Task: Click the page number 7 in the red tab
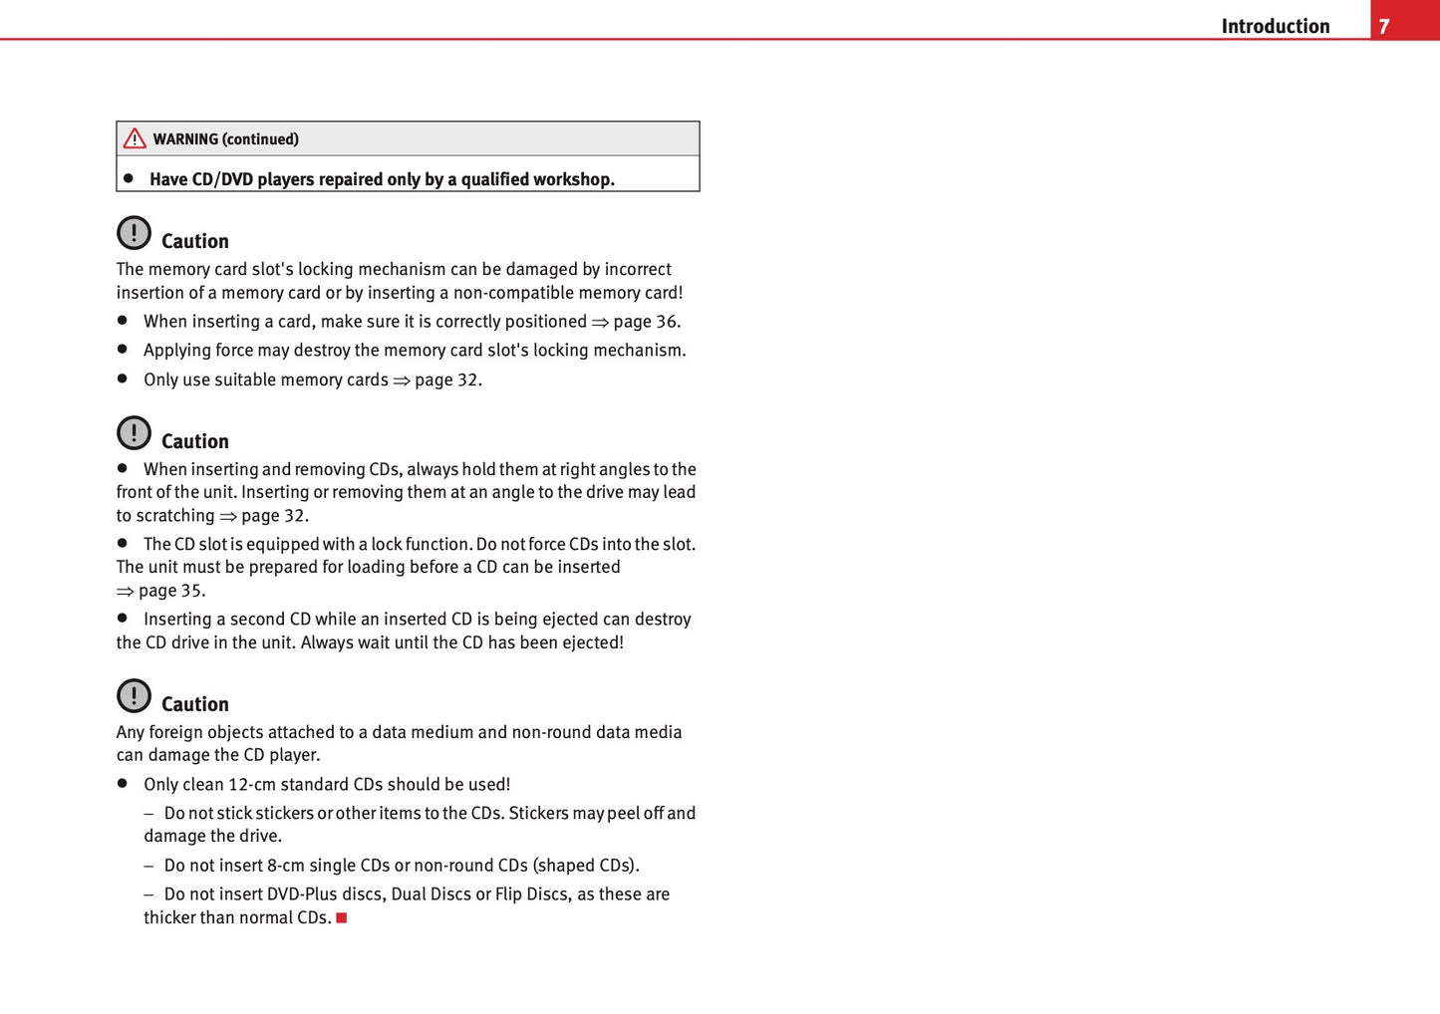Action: point(1383,26)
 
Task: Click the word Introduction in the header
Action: point(1275,26)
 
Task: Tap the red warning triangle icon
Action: point(135,138)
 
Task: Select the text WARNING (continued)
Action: point(225,139)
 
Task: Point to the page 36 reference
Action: point(646,322)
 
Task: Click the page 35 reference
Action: point(170,591)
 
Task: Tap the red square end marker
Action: point(341,917)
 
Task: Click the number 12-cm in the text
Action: point(252,785)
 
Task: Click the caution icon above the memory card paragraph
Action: point(134,233)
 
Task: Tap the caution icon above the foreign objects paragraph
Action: point(134,695)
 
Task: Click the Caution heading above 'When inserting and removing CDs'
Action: point(194,441)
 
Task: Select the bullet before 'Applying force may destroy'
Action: point(123,350)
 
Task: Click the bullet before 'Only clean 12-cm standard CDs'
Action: point(123,784)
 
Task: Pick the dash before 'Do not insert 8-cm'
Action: point(148,866)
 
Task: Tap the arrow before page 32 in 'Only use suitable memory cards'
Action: point(402,380)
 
